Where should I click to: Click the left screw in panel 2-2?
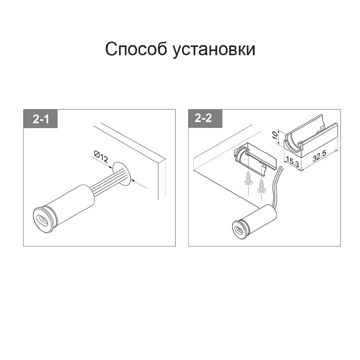[248, 179]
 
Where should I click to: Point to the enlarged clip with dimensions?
[310, 139]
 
